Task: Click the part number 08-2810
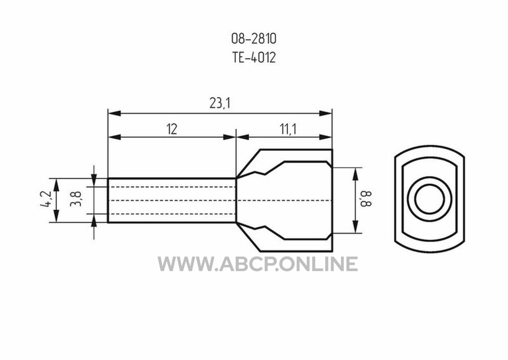click(254, 39)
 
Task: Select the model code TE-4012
click(254, 58)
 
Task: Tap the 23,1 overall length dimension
click(220, 103)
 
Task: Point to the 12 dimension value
click(172, 129)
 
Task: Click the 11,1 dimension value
click(288, 130)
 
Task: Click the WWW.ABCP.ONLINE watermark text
click(258, 264)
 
